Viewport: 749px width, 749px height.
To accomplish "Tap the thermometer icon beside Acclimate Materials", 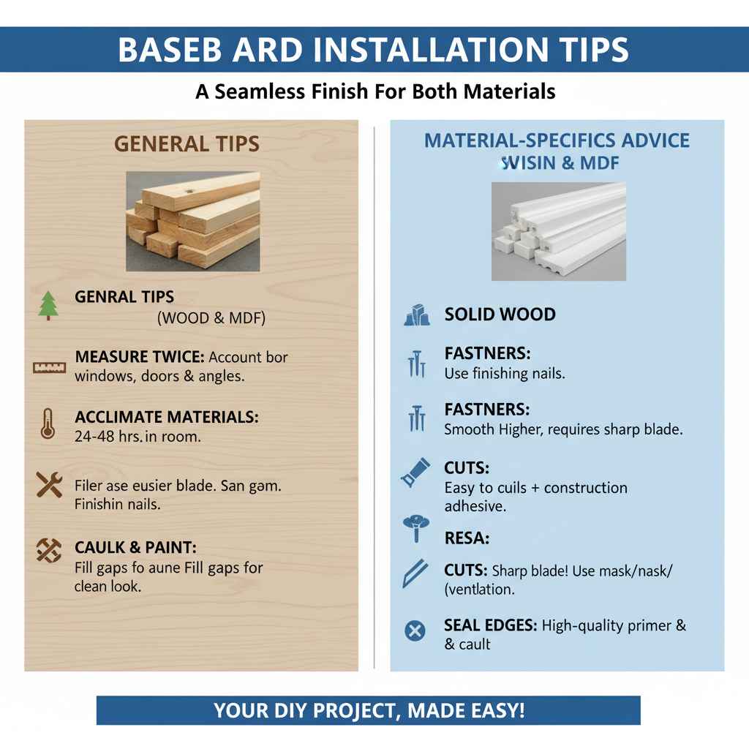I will [48, 424].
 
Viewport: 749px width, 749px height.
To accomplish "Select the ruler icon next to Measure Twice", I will [49, 367].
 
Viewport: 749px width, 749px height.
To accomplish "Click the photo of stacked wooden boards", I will [192, 222].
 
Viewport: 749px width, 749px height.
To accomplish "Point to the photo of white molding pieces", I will [558, 231].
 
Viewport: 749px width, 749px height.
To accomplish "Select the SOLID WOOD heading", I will [500, 315].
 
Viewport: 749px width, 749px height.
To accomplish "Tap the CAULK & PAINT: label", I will [135, 548].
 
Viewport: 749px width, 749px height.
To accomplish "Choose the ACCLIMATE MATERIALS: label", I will [167, 418].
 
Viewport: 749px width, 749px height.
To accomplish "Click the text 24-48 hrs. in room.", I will [138, 437].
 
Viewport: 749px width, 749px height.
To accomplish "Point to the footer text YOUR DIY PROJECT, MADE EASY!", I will [369, 710].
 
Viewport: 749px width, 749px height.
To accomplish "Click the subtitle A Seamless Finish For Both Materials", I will [374, 91].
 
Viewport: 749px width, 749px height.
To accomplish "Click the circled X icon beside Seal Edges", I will [415, 630].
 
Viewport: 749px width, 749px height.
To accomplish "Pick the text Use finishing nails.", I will [505, 373].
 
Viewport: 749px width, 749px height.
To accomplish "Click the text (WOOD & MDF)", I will [211, 318].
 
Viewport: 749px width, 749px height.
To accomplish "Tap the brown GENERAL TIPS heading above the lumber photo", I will [187, 144].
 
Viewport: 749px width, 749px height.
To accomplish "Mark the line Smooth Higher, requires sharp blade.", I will [563, 429].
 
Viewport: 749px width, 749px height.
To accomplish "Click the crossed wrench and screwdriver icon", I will [49, 485].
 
